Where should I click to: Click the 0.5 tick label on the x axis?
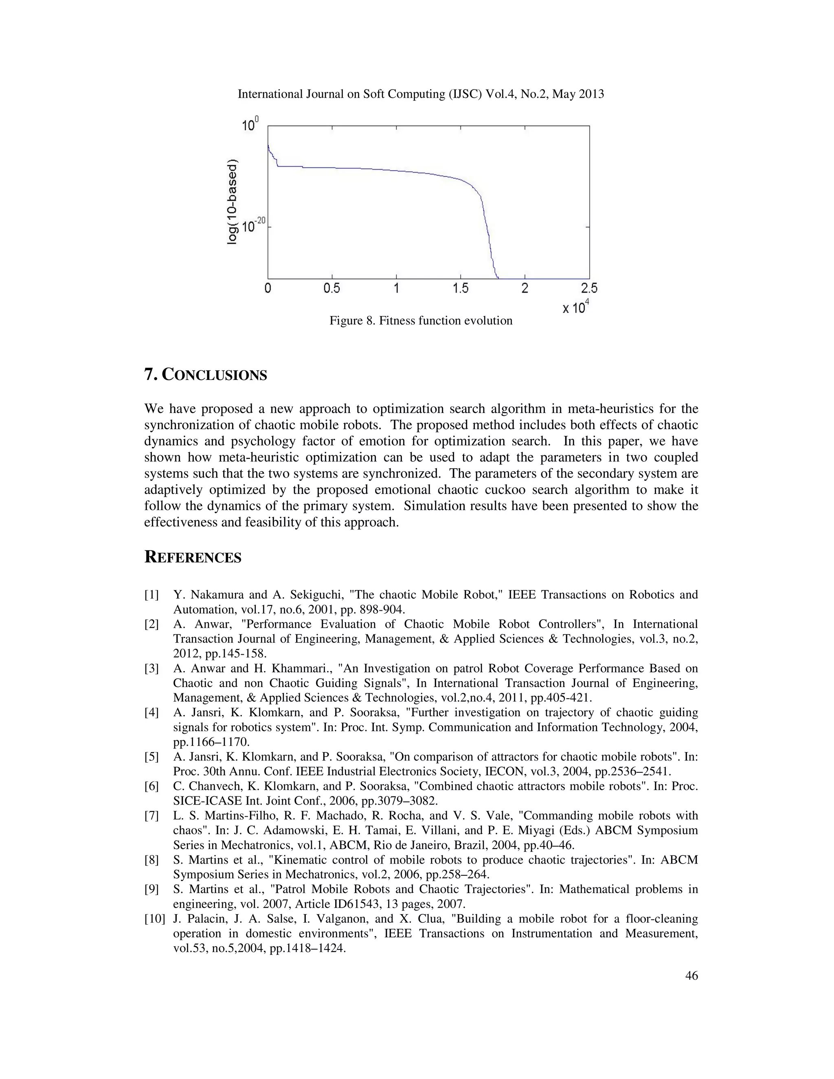point(331,288)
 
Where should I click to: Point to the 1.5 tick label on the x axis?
point(460,288)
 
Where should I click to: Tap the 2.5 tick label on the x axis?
point(589,288)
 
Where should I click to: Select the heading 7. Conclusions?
point(206,375)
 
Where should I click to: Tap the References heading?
point(193,557)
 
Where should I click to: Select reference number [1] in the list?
point(151,595)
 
